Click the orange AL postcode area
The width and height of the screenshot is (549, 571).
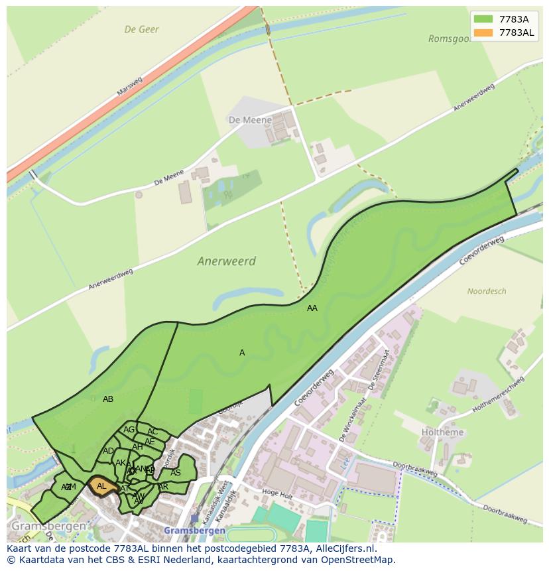pyautogui.click(x=102, y=486)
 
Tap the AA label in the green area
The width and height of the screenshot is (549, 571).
pyautogui.click(x=312, y=308)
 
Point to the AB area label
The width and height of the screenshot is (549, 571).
pyautogui.click(x=108, y=399)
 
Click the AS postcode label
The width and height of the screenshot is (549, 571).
pyautogui.click(x=176, y=473)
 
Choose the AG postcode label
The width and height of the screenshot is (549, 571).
pyautogui.click(x=129, y=430)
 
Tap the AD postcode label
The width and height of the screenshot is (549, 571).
pyautogui.click(x=108, y=451)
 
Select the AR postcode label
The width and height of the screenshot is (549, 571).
pyautogui.click(x=163, y=487)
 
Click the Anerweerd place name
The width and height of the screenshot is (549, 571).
pyautogui.click(x=226, y=261)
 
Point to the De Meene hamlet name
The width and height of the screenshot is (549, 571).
pyautogui.click(x=250, y=120)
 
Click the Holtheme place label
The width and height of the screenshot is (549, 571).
pyautogui.click(x=442, y=432)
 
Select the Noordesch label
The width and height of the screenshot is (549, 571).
pyautogui.click(x=487, y=291)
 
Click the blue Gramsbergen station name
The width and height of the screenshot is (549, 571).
pyautogui.click(x=194, y=531)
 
